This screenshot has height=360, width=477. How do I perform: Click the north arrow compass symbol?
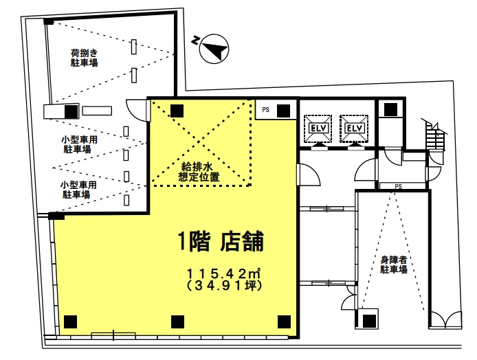point(214,49)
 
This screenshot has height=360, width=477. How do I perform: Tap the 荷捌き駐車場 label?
point(85,58)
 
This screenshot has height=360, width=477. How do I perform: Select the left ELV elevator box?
point(318,128)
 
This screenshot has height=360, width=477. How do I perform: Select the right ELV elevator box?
point(354,128)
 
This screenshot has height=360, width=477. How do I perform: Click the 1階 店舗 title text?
point(221,241)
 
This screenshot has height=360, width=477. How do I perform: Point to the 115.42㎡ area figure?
point(223,273)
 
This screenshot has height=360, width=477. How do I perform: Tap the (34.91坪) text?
point(223,286)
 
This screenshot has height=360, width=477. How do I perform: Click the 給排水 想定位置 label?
point(199,172)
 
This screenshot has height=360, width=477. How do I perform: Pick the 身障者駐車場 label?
point(393,265)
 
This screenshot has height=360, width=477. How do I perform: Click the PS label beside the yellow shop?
point(265,109)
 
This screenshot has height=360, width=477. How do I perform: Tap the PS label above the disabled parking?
point(398,186)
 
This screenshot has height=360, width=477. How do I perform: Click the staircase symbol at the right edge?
point(434,135)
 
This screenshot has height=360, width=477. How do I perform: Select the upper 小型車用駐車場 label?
point(79,144)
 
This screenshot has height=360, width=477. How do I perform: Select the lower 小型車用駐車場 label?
point(78,190)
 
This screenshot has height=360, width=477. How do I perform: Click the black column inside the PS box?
point(283,111)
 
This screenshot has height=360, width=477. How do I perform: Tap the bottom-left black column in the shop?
point(70,322)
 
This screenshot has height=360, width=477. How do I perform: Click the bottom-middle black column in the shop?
point(177,322)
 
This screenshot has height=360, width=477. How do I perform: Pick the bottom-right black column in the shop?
point(284,322)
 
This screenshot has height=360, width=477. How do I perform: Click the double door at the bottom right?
point(445,319)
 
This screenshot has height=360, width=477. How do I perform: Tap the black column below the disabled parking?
point(369,321)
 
